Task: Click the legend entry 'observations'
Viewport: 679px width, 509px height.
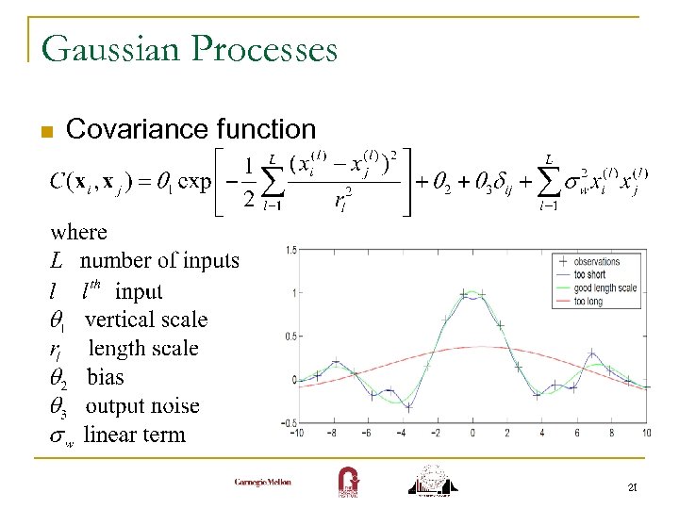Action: tap(598, 262)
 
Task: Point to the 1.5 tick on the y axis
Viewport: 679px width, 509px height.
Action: tap(292, 250)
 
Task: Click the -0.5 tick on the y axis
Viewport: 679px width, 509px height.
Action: tap(290, 422)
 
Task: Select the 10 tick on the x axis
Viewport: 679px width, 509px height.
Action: tap(646, 433)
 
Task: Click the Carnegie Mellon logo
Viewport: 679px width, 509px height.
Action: tap(263, 483)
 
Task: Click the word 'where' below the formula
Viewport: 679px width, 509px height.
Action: tap(79, 232)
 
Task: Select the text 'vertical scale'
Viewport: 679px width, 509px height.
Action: tap(146, 320)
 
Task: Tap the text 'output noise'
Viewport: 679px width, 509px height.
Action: tap(142, 406)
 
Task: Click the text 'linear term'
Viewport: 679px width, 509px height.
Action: tap(135, 435)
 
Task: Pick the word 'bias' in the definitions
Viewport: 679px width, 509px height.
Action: tap(106, 377)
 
